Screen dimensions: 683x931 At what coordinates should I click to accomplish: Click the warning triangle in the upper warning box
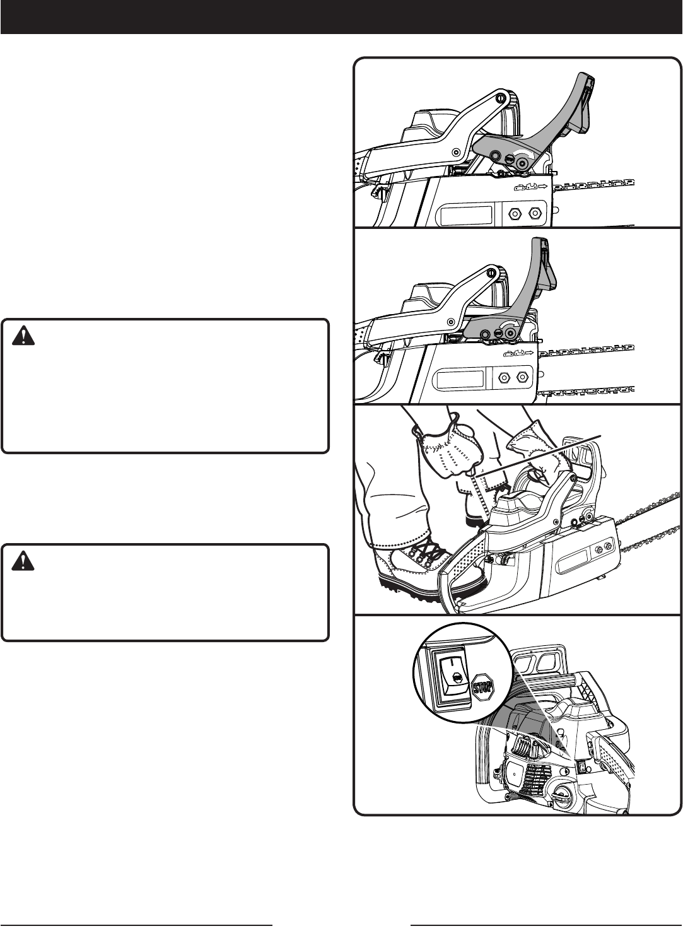[23, 337]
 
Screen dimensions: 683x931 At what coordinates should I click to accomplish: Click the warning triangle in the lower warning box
[23, 562]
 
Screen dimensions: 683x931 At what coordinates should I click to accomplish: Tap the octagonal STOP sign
[482, 684]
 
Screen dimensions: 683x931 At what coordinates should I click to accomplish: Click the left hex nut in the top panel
[513, 213]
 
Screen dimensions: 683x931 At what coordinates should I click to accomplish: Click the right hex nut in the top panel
[535, 213]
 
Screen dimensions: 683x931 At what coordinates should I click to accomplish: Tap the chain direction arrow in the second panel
[529, 355]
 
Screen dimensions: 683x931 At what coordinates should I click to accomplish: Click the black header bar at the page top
[341, 16]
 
